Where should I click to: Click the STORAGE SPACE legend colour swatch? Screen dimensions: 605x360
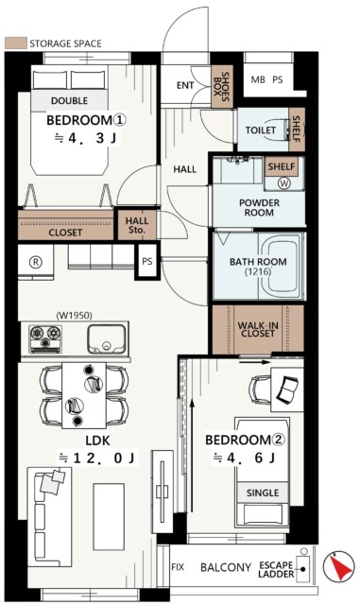15,43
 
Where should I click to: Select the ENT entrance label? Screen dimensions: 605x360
185,85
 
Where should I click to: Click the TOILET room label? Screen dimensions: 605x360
260,130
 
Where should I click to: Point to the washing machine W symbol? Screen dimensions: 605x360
284,183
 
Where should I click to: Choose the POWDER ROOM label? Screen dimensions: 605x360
258,208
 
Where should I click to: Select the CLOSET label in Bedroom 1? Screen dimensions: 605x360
64,231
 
